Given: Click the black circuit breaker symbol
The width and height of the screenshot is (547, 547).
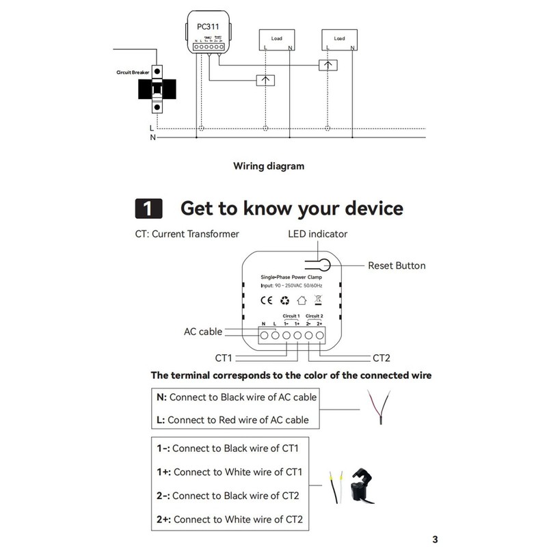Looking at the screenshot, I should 157,89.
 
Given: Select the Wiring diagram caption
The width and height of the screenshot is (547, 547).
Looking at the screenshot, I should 269,165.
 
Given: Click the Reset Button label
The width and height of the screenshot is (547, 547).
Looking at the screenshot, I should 397,265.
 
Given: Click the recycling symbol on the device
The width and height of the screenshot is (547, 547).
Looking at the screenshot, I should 284,299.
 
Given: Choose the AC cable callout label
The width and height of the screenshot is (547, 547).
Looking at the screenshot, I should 203,332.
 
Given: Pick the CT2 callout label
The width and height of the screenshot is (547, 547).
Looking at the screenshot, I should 382,358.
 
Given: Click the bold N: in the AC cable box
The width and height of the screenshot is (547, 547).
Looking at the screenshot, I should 161,397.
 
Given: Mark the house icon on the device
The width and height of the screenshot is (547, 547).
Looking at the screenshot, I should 301,299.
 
